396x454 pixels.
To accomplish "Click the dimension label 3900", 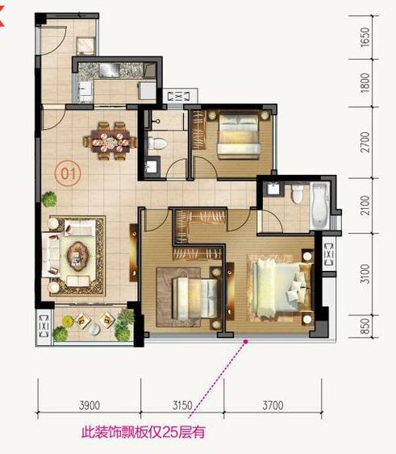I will click(90, 406).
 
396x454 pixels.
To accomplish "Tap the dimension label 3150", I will click(182, 406).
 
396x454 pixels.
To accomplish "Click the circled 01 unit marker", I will click(69, 172).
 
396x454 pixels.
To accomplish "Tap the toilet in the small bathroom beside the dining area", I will click(159, 144).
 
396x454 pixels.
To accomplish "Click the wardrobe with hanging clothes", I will click(200, 217).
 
